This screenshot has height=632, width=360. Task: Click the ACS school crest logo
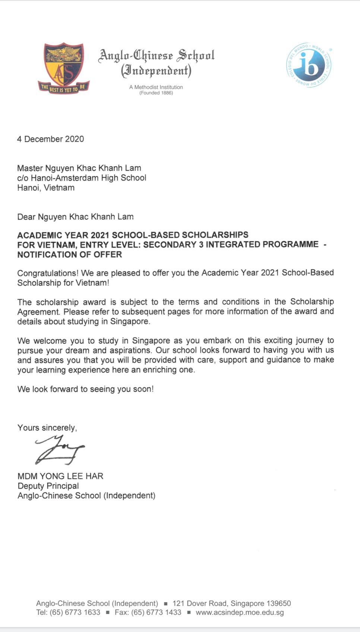tap(64, 68)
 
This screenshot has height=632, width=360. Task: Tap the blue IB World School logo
tap(309, 65)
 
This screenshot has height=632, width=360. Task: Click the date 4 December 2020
tap(51, 139)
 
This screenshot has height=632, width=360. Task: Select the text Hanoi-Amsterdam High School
tap(88, 178)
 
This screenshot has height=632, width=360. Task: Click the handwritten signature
tap(60, 450)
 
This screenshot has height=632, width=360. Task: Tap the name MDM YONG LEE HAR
tap(60, 476)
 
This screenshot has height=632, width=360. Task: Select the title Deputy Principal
tap(48, 486)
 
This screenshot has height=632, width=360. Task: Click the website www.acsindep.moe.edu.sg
tap(240, 612)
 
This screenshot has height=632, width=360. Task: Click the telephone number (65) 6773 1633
tap(75, 612)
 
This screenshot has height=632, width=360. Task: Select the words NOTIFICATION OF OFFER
tap(70, 255)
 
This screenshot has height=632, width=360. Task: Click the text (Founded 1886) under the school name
tap(156, 93)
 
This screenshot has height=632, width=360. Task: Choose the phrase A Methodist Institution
tap(156, 87)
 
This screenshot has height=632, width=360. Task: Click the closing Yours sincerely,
tap(47, 428)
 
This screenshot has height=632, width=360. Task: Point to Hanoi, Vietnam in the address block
tap(46, 187)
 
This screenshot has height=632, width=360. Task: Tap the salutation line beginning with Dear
tap(75, 217)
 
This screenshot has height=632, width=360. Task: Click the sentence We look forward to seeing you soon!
tap(85, 389)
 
